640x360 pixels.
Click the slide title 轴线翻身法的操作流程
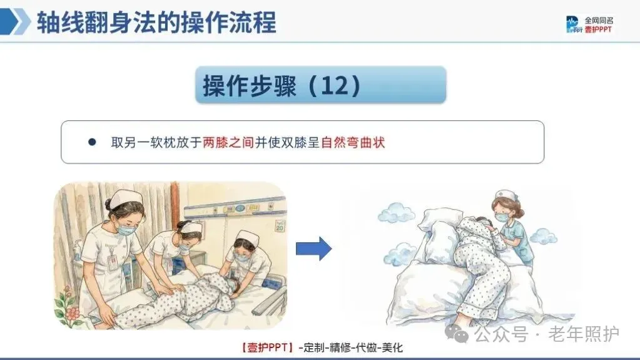coord(157,22)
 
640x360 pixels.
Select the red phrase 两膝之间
coord(228,142)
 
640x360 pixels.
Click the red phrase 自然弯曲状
coord(353,142)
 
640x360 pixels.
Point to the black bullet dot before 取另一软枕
coord(92,142)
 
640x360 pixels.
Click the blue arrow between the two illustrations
coord(313,249)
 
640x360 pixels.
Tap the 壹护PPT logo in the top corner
coord(590,24)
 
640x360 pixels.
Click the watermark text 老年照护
coord(584,334)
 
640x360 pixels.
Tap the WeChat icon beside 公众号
coord(457,334)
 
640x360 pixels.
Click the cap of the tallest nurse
coord(126,198)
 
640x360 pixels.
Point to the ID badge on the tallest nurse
coord(113,262)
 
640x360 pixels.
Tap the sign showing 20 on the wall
coord(280,226)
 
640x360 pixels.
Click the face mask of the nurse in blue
coord(502,217)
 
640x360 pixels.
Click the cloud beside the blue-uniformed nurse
coord(543,236)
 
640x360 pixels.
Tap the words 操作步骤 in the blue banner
coord(250,85)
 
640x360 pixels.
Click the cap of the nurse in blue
coord(506,195)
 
